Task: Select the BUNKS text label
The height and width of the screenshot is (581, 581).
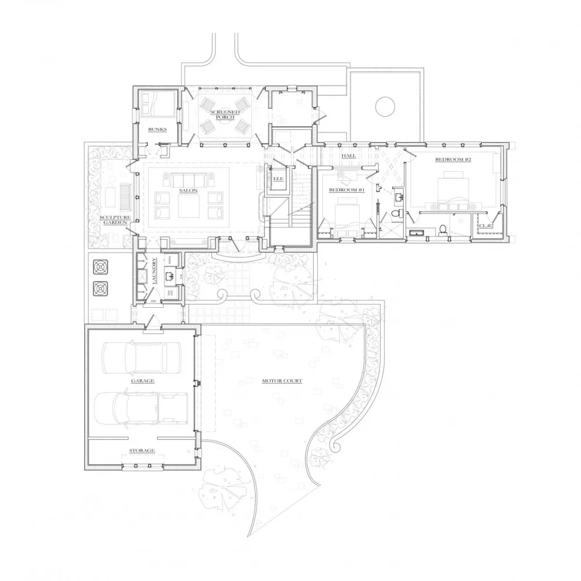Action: (x=157, y=130)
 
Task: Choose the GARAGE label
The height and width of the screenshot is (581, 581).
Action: (x=142, y=381)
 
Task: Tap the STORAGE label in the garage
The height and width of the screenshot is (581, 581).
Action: (x=141, y=450)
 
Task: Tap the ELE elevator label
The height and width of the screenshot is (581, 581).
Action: (x=278, y=179)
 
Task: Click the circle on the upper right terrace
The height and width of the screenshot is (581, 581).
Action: (x=385, y=106)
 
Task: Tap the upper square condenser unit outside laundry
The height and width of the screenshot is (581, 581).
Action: (x=101, y=267)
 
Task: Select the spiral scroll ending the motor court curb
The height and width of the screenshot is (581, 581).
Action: (x=335, y=446)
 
